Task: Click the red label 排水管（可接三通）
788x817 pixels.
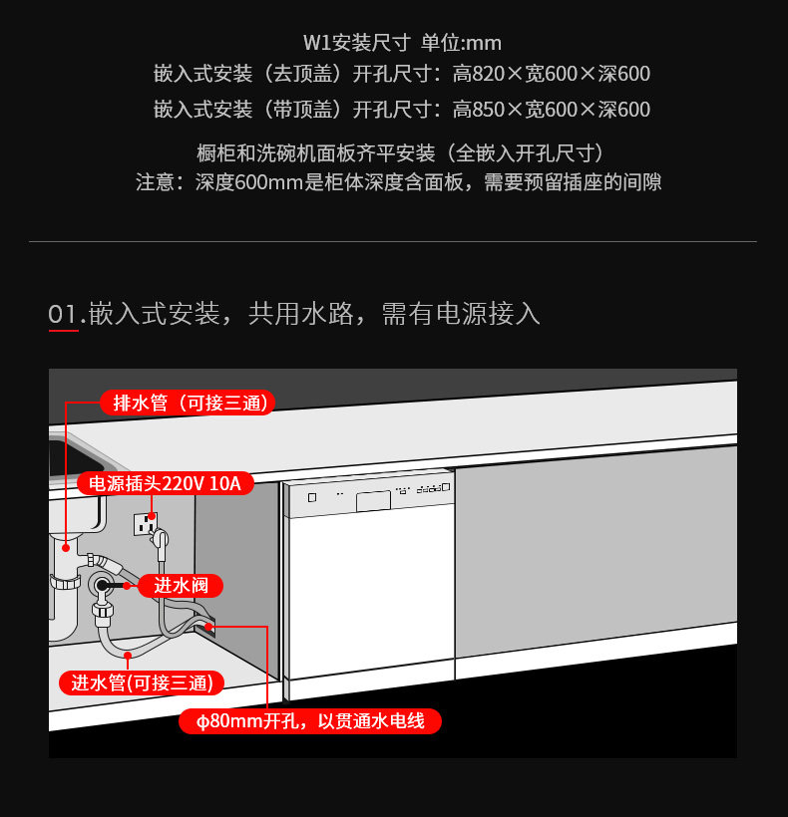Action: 187,403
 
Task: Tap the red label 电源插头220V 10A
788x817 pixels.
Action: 166,484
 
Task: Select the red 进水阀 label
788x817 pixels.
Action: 181,586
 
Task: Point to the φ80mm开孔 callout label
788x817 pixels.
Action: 311,720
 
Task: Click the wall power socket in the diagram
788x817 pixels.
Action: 145,522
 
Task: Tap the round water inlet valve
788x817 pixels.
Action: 101,586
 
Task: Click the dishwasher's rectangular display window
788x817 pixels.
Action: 373,499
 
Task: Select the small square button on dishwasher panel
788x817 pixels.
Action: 312,497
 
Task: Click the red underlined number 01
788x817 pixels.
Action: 63,315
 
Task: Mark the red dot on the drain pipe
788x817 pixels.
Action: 66,546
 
